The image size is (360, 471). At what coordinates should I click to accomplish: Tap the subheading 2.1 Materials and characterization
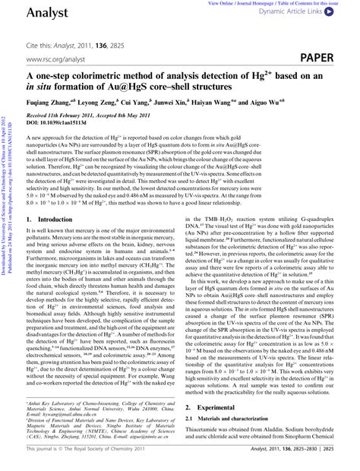pos(239,419)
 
